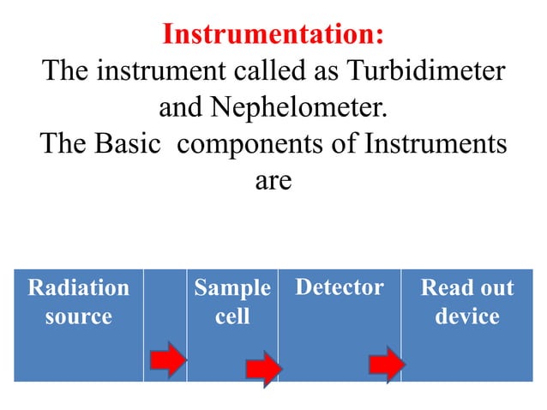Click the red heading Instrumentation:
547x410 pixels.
[x=273, y=34]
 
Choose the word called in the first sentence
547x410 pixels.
[x=233, y=71]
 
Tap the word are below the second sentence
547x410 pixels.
[x=273, y=182]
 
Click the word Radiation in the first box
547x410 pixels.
[x=78, y=287]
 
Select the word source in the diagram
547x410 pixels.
[x=78, y=317]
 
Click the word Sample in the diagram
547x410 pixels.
[x=232, y=287]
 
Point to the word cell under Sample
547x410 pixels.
[x=232, y=317]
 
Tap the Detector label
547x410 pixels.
[x=340, y=287]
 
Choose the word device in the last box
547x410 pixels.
[x=466, y=317]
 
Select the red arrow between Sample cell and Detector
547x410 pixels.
[x=263, y=369]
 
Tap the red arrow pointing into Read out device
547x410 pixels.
[x=387, y=365]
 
